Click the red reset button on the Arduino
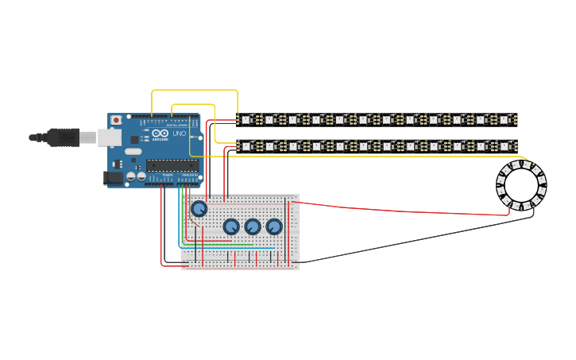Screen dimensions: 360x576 116,120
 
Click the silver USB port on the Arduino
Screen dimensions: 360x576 109,138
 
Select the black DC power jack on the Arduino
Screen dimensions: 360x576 114,178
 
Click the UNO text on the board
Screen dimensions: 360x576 179,134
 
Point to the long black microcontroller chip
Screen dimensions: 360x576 172,165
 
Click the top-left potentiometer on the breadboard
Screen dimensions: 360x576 199,209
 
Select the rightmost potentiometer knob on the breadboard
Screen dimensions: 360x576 274,226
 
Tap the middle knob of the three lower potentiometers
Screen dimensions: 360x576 253,226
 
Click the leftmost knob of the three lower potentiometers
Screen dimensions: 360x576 231,226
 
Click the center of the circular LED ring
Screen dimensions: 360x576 521,185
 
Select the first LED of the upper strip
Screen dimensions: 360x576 246,120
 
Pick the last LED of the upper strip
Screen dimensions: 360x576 504,120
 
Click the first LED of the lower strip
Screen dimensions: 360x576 246,146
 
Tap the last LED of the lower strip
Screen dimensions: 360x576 504,146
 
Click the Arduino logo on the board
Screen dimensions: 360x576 160,134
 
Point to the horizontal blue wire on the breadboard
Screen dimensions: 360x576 230,248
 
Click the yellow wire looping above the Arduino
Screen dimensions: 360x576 195,91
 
